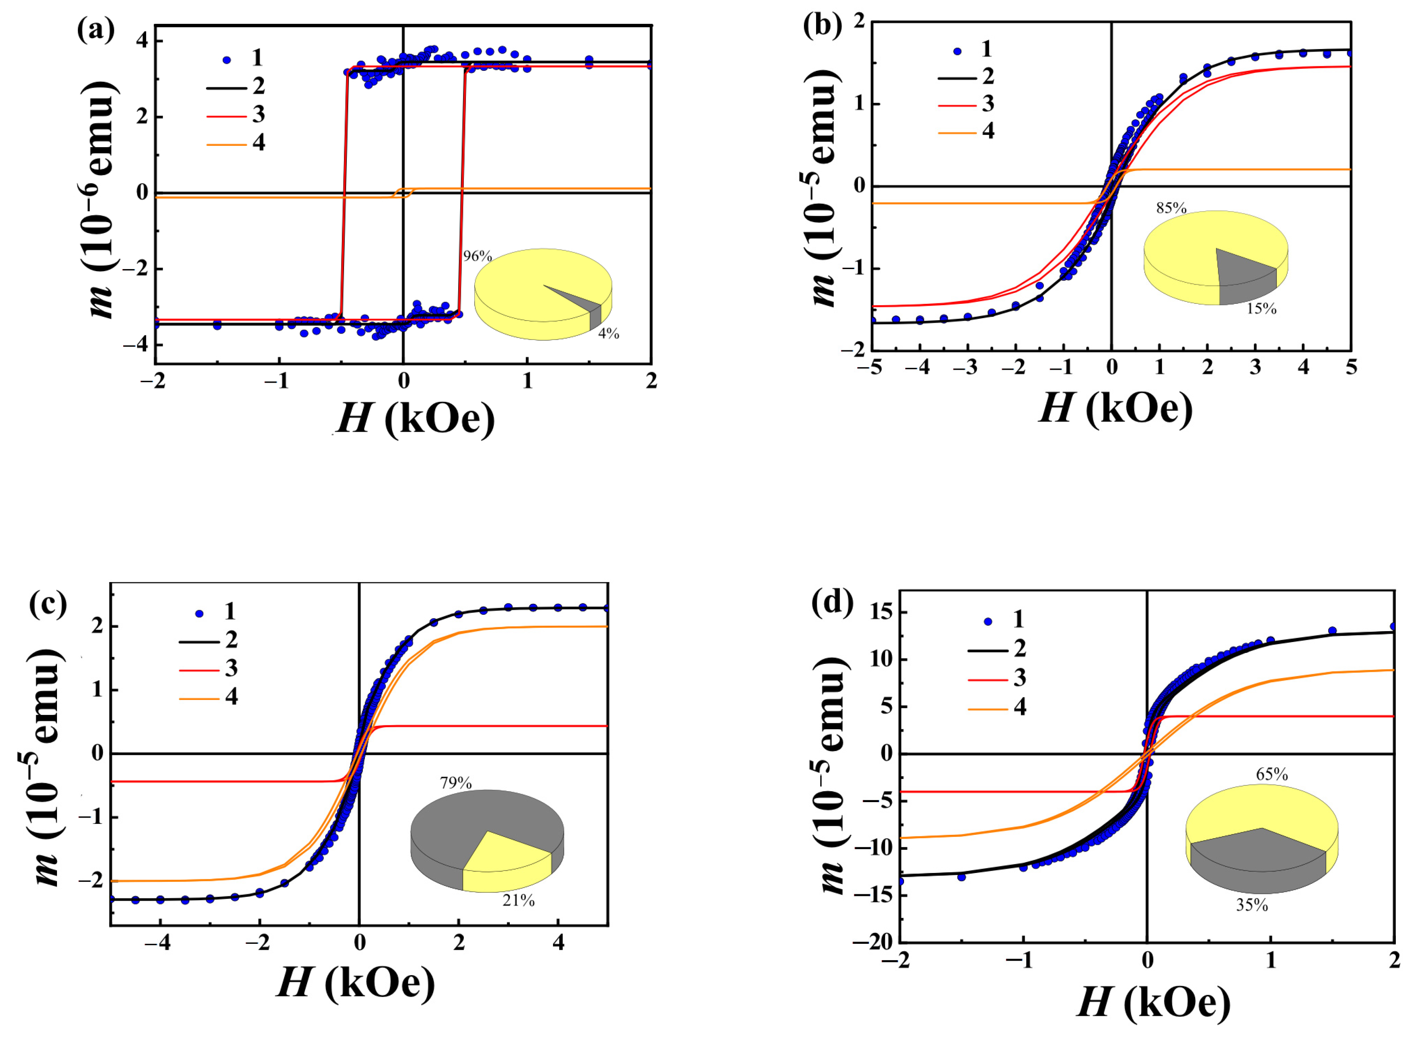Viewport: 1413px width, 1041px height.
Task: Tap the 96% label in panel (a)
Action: pyautogui.click(x=477, y=256)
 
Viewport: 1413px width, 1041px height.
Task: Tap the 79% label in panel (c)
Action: pyautogui.click(x=456, y=783)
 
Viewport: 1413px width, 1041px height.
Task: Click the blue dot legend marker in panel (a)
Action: pyautogui.click(x=227, y=60)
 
